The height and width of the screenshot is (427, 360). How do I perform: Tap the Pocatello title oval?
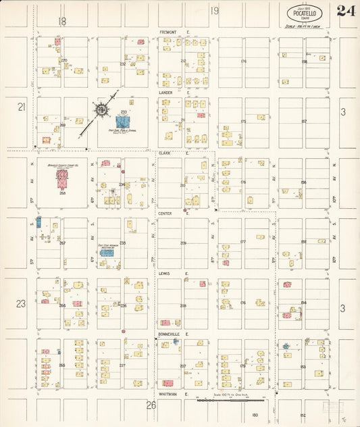point(303,14)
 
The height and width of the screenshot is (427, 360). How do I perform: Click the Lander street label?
point(166,93)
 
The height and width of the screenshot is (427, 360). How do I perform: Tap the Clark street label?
point(164,153)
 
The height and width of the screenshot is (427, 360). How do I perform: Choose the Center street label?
point(165,214)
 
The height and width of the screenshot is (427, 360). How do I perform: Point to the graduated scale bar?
point(230,400)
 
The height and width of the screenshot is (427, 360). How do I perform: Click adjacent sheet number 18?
point(63,22)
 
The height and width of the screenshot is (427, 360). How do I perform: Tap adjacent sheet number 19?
point(214,11)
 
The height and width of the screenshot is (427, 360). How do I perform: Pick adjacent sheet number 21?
point(21,107)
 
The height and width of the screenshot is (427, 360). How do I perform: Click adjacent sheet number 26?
point(151,405)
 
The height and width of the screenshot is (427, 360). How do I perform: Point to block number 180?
point(255,414)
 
